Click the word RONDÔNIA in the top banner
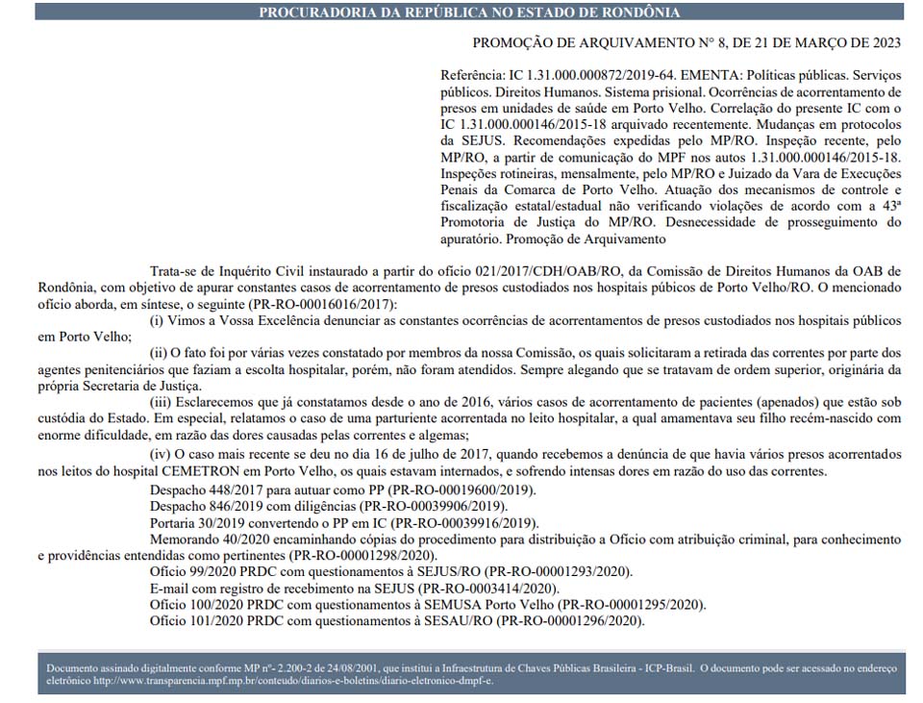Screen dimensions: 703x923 tap(635, 13)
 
